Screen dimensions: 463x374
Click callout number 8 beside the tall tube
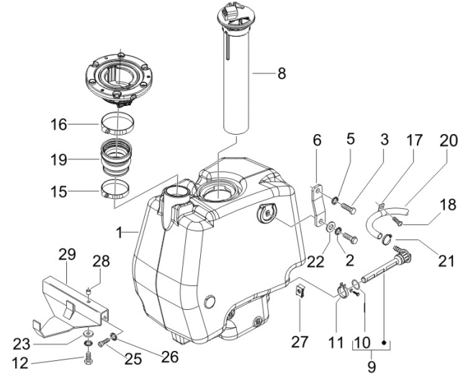coord(282,73)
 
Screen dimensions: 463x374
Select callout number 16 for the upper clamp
coord(58,125)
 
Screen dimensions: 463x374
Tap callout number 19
coord(58,160)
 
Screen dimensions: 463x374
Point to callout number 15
coord(58,192)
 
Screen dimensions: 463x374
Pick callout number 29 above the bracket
coord(67,254)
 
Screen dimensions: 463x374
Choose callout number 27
coord(300,342)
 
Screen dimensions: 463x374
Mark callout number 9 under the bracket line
coord(372,367)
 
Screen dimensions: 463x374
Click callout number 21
coord(446,261)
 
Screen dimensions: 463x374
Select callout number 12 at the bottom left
coord(20,362)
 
